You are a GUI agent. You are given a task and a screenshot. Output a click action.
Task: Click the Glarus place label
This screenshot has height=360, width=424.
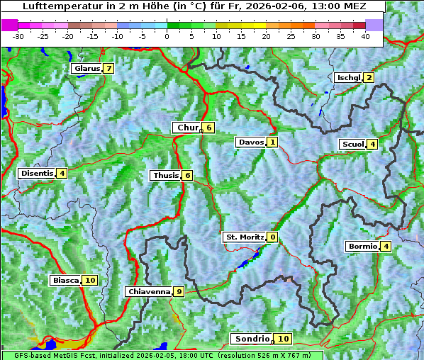[x=86, y=69]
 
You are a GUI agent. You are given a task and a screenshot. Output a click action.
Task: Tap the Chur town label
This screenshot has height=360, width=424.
[x=186, y=128]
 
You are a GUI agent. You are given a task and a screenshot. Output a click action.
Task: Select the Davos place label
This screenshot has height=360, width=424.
[x=251, y=142]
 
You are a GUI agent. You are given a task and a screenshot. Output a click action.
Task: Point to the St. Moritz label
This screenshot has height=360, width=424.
[x=245, y=237]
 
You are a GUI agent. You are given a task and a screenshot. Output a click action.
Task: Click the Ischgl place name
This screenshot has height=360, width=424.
[x=348, y=77]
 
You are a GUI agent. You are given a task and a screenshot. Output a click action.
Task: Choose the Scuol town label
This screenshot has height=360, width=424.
[x=352, y=144]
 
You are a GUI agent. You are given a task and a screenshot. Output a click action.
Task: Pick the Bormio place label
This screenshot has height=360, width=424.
[x=362, y=247]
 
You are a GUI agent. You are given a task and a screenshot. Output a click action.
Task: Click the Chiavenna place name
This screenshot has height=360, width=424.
[x=148, y=291]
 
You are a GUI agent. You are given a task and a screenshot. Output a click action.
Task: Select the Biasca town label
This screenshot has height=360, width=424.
[x=65, y=280]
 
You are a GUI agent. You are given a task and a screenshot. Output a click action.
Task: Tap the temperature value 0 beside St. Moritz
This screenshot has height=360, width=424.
[x=273, y=237]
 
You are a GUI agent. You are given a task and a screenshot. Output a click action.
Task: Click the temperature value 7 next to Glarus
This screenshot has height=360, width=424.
[x=108, y=69]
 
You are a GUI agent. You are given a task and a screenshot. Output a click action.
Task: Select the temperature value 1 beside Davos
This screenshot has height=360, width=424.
[x=272, y=142]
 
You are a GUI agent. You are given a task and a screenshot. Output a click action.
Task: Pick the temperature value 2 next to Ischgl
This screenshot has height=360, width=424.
[x=369, y=77]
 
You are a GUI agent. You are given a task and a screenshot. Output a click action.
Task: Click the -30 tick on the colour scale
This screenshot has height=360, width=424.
[x=18, y=35]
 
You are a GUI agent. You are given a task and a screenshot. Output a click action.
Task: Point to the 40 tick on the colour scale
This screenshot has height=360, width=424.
[x=365, y=35]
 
